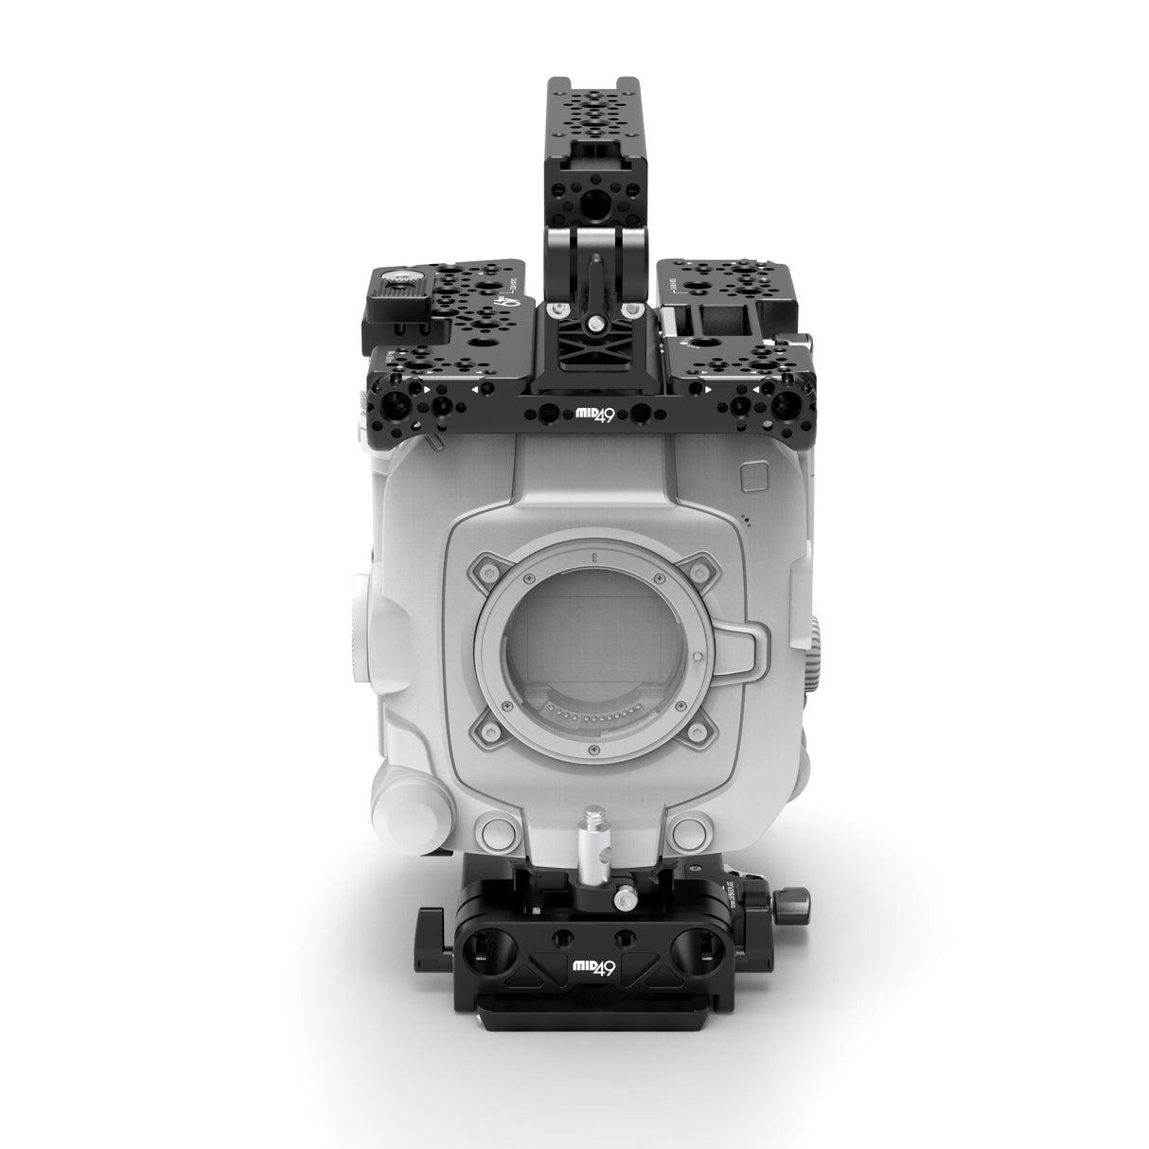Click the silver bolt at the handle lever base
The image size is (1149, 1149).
[595, 323]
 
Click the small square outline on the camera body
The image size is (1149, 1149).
[752, 473]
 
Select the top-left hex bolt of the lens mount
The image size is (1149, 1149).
[488, 567]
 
